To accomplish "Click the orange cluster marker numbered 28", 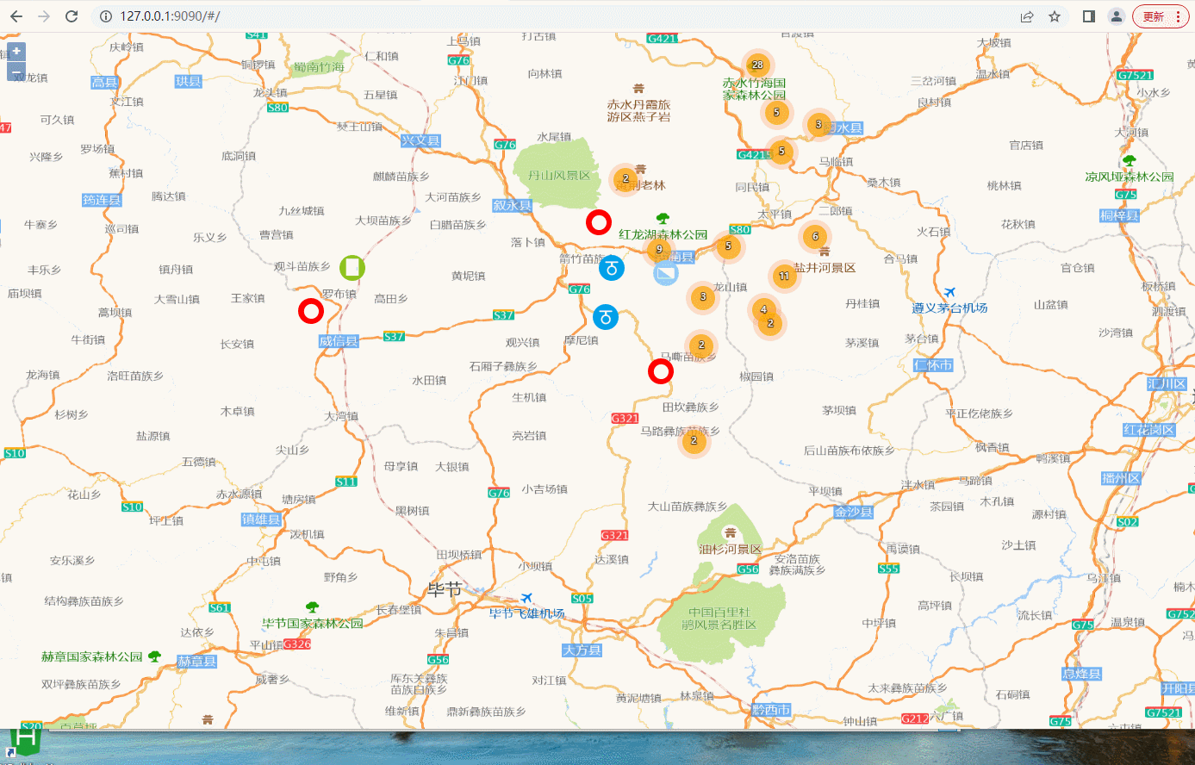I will pos(757,65).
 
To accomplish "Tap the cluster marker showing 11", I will pos(784,277).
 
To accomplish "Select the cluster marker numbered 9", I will pos(659,250).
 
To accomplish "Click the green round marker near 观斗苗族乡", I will pos(352,268).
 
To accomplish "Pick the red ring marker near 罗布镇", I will pos(310,311).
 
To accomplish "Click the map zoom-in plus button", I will pos(16,52).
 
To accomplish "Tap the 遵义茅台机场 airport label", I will pos(949,308).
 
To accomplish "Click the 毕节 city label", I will pos(445,590).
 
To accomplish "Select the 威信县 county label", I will pos(339,341).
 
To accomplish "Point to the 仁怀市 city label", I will pos(933,365).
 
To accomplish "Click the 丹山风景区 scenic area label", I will pos(559,176).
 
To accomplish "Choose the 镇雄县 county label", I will pos(261,519).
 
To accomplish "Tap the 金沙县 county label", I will pos(853,512).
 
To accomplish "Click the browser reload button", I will pos(72,16).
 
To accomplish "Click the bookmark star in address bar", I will pos(1055,16).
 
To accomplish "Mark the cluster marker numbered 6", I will pos(815,236).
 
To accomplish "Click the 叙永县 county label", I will pos(512,206).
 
